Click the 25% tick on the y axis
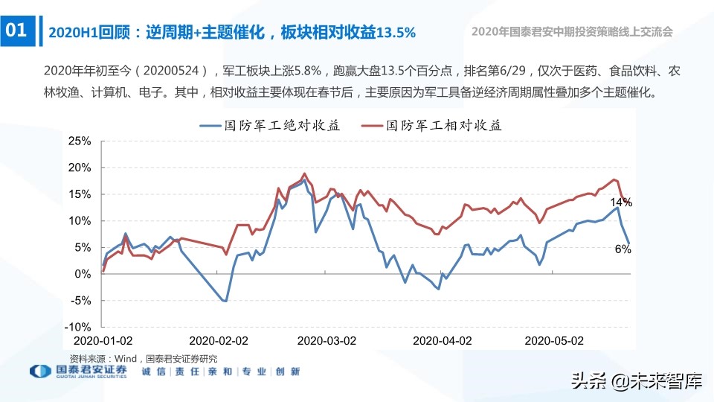[79, 141]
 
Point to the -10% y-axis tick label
[77, 327]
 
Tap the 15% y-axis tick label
[79, 194]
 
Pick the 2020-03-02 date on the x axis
[327, 340]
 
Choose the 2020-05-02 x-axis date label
[555, 340]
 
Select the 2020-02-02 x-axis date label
[219, 340]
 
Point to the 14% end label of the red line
[620, 202]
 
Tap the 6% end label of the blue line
[623, 249]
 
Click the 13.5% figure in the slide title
[396, 33]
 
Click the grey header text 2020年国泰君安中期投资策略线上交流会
[572, 31]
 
